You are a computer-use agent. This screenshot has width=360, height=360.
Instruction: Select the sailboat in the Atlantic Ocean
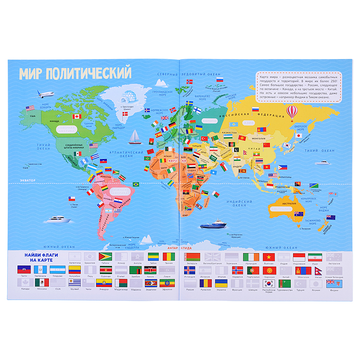(x=134, y=136)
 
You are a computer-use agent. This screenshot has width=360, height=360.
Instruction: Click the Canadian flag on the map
(x=77, y=116)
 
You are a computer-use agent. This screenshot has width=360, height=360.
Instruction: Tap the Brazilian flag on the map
(x=136, y=184)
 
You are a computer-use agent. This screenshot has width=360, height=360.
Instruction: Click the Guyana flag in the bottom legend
(x=104, y=256)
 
